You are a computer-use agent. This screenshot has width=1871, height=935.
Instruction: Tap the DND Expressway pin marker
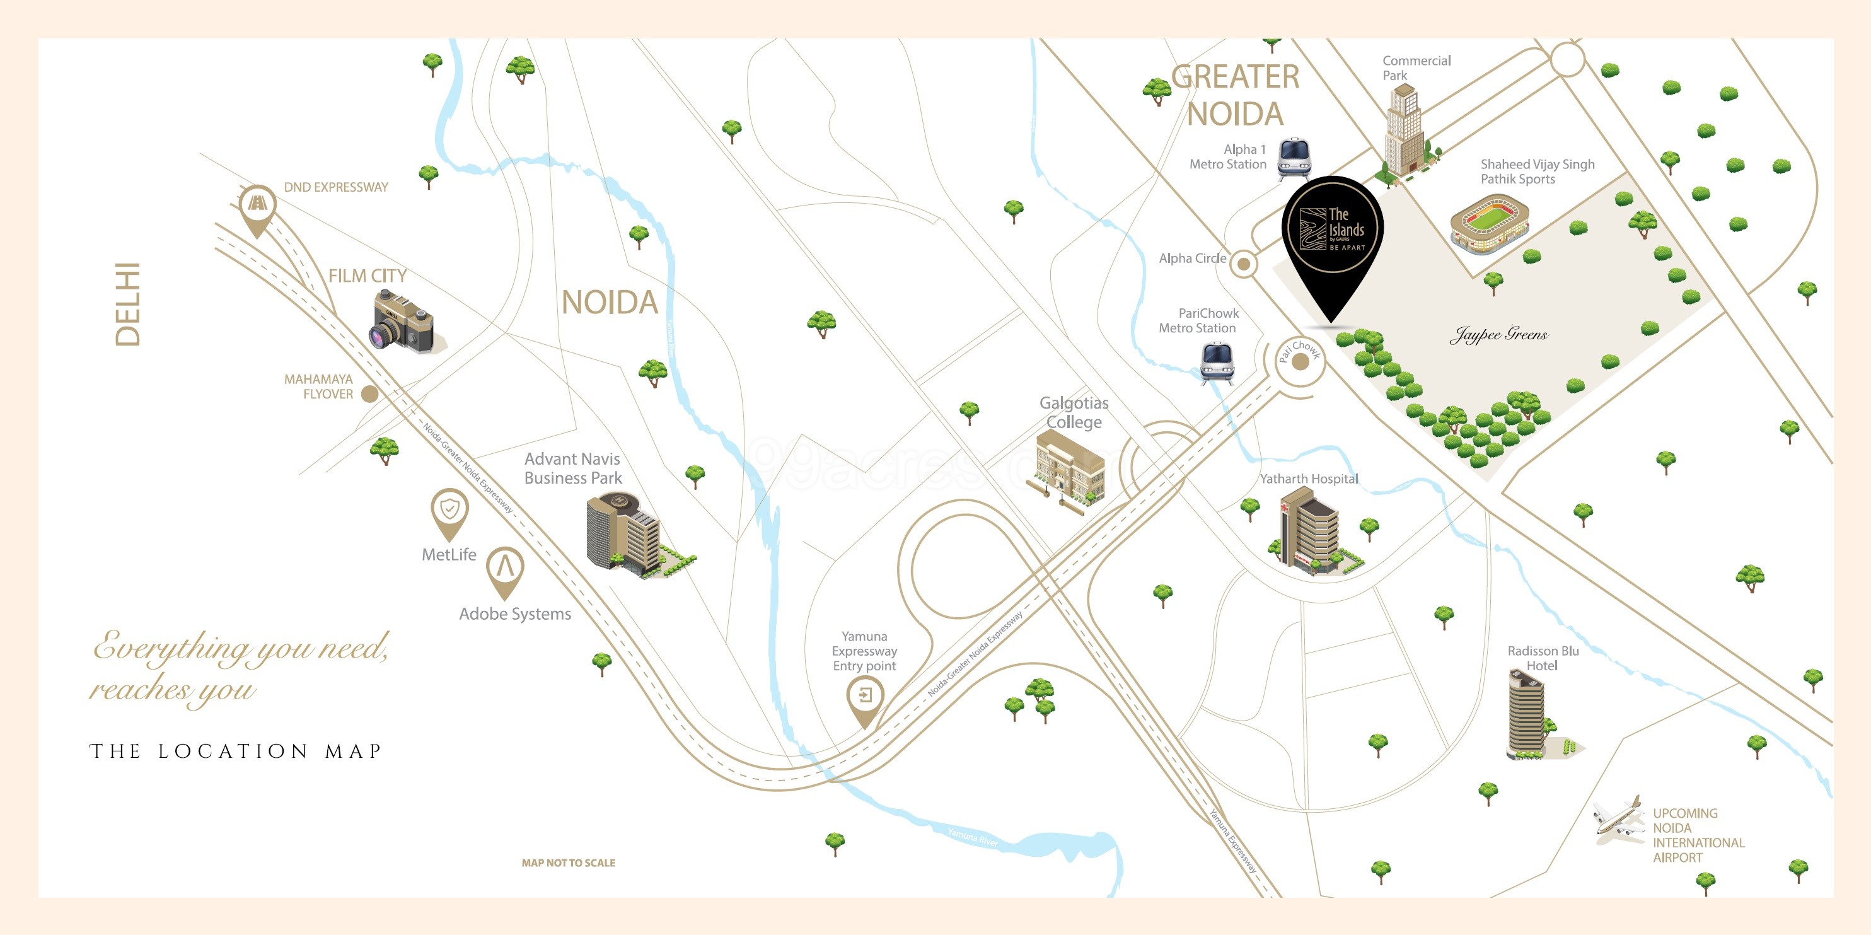[x=257, y=206]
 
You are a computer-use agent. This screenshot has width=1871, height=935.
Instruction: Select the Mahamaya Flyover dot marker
[x=369, y=394]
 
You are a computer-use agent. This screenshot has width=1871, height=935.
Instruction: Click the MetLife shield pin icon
[x=449, y=511]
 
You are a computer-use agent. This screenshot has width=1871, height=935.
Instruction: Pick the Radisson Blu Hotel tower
[x=1527, y=714]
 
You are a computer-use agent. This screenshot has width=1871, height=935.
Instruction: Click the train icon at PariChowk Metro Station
[x=1217, y=362]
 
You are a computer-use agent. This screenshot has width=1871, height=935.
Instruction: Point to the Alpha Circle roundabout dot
[x=1244, y=264]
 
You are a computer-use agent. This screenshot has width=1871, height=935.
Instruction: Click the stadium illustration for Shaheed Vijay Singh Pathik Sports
[x=1489, y=224]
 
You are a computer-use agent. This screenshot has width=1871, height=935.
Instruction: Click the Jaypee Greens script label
[x=1498, y=334]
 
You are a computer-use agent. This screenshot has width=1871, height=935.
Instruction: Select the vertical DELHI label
[x=128, y=305]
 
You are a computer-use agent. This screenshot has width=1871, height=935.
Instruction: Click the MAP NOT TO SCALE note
[x=568, y=862]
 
